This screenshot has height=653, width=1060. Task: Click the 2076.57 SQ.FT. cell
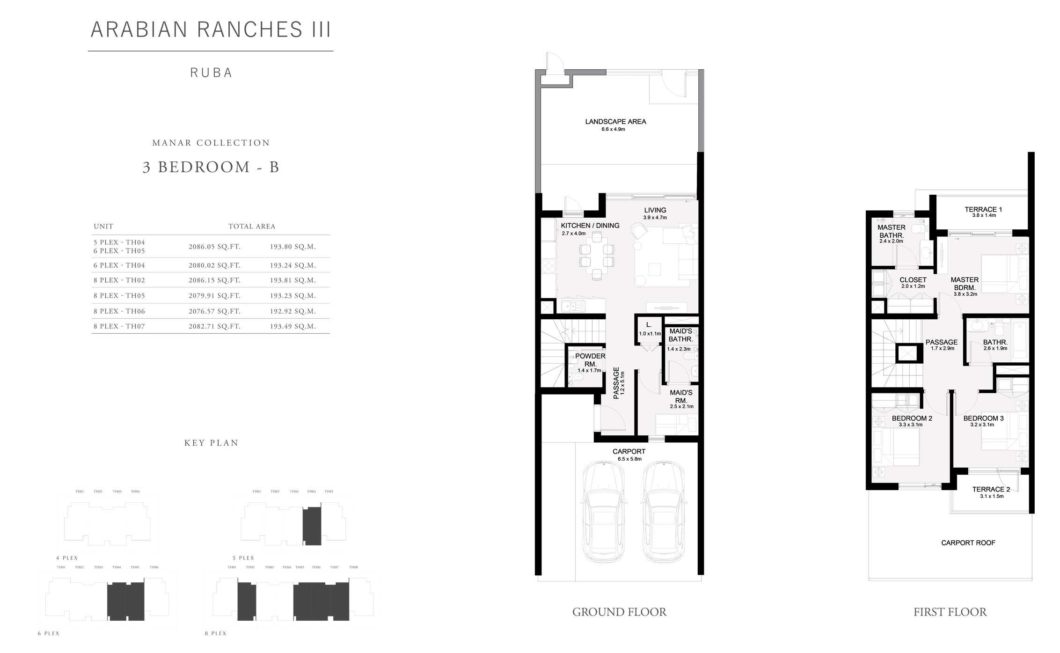click(214, 311)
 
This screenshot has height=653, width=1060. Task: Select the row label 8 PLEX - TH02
click(119, 280)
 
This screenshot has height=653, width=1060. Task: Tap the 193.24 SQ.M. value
click(292, 265)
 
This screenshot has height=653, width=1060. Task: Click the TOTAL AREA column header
click(252, 227)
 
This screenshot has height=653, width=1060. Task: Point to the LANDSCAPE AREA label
click(615, 122)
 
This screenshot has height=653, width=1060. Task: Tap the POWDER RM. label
click(590, 360)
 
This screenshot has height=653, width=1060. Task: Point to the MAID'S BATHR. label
click(680, 335)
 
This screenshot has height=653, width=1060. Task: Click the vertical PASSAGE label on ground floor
click(616, 382)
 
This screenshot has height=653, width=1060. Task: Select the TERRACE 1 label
click(983, 210)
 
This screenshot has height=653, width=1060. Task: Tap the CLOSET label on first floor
click(913, 280)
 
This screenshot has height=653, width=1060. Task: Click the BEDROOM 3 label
click(983, 418)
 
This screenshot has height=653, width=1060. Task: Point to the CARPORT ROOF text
click(968, 543)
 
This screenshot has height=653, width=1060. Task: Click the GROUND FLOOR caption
click(619, 612)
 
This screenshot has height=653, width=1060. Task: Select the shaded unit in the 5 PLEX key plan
click(312, 526)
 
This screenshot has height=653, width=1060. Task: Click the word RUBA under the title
click(211, 73)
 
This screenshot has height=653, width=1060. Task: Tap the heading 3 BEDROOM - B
click(211, 167)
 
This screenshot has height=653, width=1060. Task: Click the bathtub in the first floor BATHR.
click(1020, 340)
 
